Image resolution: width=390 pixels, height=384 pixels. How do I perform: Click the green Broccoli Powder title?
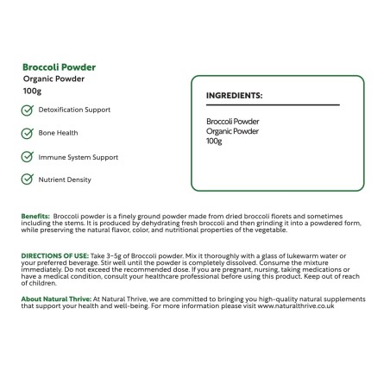point(60,66)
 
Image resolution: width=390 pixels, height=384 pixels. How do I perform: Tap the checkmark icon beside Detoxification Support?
point(28,110)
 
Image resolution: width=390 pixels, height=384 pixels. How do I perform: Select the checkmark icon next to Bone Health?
point(28,134)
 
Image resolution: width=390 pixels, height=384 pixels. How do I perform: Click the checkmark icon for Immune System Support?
point(28,157)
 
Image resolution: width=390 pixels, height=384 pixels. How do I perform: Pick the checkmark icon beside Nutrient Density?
point(28,179)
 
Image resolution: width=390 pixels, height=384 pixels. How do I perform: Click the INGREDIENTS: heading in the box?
point(235,95)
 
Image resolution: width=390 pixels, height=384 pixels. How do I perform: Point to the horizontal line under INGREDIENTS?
point(273,105)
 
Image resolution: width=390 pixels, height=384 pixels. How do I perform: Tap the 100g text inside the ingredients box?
point(215,142)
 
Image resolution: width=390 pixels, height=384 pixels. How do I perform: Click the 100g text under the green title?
point(33,91)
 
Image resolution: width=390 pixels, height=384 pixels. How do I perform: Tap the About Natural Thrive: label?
point(54,299)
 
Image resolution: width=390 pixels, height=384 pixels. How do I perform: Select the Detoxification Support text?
point(74,110)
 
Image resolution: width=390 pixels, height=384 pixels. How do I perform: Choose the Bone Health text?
point(59,134)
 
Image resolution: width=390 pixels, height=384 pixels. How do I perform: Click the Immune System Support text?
point(79,157)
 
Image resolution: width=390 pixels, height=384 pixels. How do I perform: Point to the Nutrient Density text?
point(65,179)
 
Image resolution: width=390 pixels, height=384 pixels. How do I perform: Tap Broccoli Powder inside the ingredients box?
point(233,122)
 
